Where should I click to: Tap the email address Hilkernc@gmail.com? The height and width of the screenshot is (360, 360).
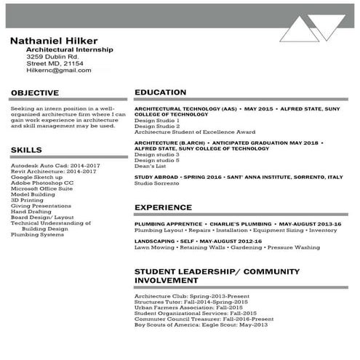59,71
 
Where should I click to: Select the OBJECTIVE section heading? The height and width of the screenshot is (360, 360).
35,93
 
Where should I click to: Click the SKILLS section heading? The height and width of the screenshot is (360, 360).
27,150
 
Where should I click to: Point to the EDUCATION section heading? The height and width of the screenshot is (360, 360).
161,93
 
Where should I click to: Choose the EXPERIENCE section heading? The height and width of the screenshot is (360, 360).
163,207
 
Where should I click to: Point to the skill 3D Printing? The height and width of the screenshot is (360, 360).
28,200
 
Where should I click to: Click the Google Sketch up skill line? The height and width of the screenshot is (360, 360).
37,177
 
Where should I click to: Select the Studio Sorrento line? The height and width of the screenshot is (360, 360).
156,183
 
